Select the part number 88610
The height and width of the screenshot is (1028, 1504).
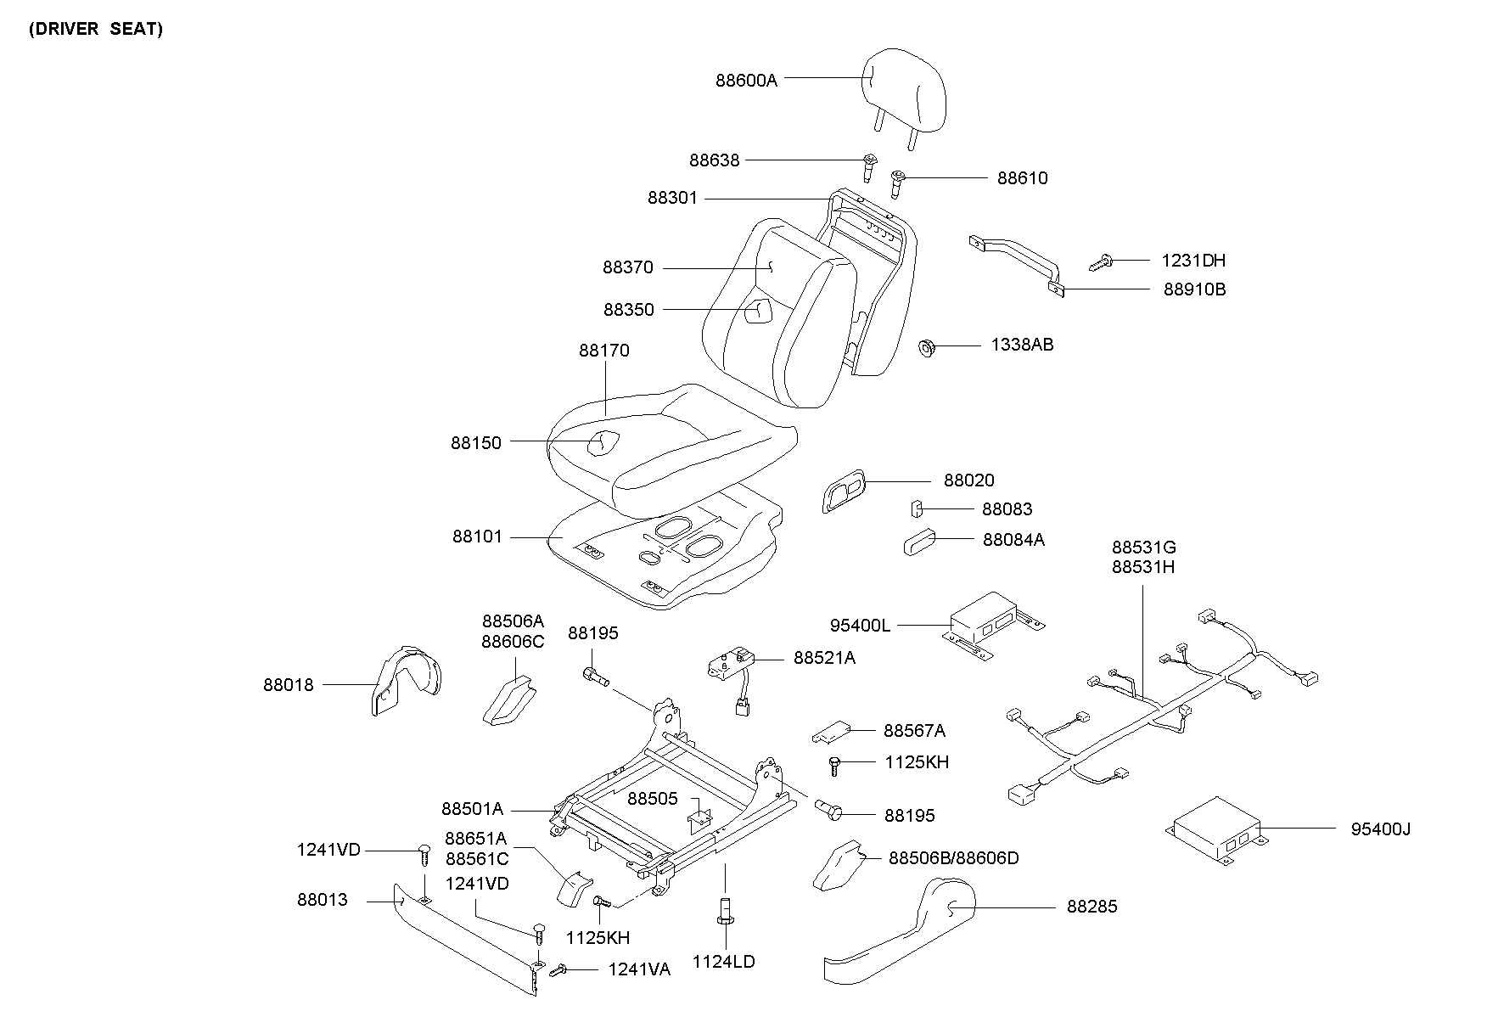coord(1022,178)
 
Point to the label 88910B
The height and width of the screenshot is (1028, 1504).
coord(1194,289)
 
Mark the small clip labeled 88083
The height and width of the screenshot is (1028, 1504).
coord(918,508)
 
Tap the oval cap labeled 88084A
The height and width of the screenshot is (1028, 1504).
coord(918,541)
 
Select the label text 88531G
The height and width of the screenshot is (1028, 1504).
coord(1143,548)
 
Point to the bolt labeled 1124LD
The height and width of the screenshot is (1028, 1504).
coord(727,909)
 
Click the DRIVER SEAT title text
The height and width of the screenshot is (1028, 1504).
coord(95,29)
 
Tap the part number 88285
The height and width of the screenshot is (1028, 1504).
coord(1092,907)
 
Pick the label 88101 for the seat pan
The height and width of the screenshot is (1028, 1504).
coord(477,536)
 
